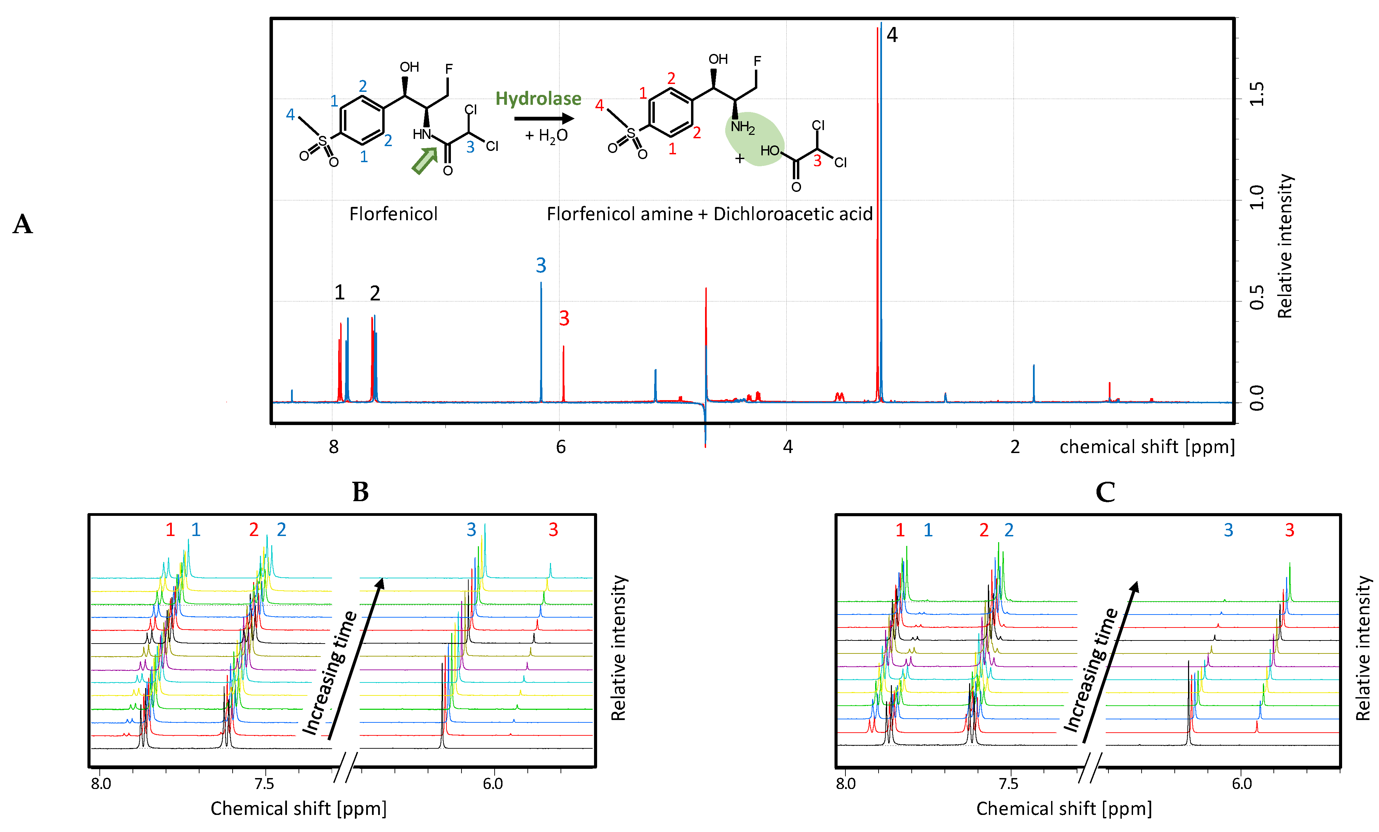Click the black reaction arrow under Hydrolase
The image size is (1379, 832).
pyautogui.click(x=543, y=118)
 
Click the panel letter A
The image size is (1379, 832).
pyautogui.click(x=23, y=224)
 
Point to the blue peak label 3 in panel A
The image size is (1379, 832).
pyautogui.click(x=541, y=265)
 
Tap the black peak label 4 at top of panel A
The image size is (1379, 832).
pyautogui.click(x=892, y=35)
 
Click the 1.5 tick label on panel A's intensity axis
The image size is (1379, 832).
pyautogui.click(x=1256, y=94)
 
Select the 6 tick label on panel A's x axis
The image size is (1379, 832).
pyautogui.click(x=561, y=447)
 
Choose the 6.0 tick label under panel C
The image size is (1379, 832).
pyautogui.click(x=1241, y=783)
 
